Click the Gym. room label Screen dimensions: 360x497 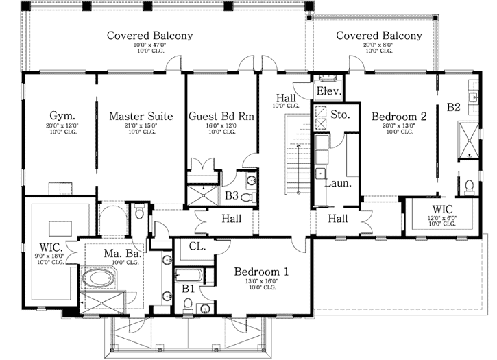pos(62,116)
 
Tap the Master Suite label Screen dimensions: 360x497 pos(141,116)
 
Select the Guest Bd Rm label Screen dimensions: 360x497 pos(221,116)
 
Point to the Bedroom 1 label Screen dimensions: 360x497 pos(260,272)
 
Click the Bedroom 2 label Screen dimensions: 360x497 pos(399,117)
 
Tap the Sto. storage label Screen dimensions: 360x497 pos(340,115)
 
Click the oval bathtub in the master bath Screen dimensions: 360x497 pos(99,279)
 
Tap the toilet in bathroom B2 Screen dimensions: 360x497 pos(470,186)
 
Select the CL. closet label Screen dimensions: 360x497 pos(198,245)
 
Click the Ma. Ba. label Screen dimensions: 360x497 pos(122,254)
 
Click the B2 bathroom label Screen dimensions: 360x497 pos(454,107)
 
